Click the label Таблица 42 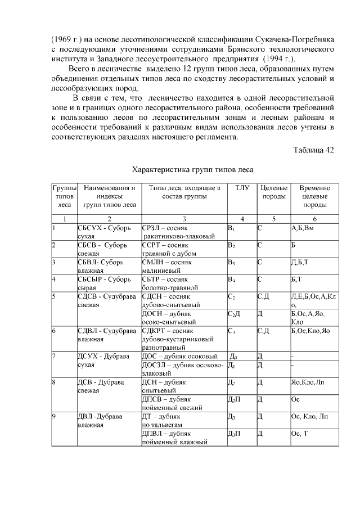tap(313, 150)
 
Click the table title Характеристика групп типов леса tap(192, 169)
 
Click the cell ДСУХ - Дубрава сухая tap(103, 359)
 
